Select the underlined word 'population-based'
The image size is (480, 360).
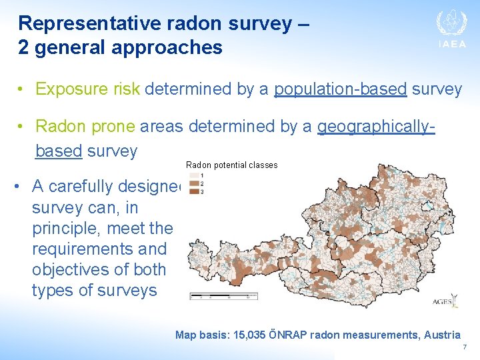click(x=340, y=89)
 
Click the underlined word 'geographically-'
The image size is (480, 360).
click(x=376, y=126)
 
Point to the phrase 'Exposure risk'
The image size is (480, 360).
click(x=87, y=89)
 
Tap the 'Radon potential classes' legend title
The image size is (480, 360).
click(x=231, y=165)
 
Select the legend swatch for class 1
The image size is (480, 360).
click(x=193, y=176)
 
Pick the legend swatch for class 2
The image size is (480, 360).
click(x=193, y=183)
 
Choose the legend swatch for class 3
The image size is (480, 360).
click(x=193, y=191)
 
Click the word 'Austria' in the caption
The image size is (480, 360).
click(x=443, y=335)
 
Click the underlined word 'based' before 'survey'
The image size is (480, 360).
click(x=58, y=151)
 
